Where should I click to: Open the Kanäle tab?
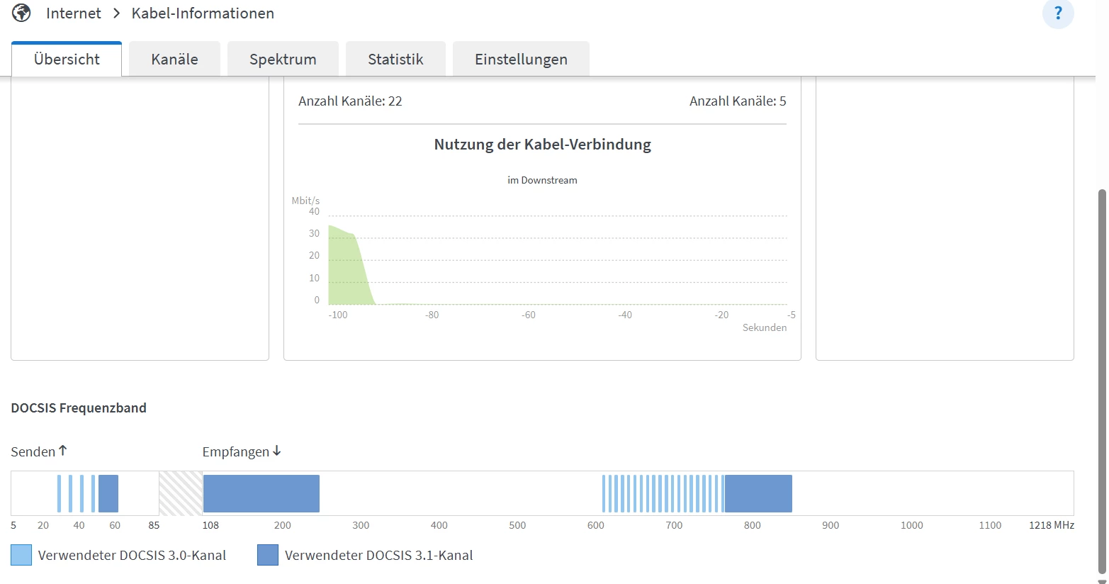174,60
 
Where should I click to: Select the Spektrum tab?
283,60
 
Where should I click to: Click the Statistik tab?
395,60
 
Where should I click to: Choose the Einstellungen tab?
521,60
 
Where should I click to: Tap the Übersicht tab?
67,60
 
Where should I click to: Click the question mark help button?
1058,13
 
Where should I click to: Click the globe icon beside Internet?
22,13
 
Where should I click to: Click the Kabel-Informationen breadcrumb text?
203,13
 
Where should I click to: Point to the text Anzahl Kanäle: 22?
350,101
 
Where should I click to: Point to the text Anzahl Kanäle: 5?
738,101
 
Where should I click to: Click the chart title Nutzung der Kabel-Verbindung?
542,145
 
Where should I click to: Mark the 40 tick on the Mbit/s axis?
314,211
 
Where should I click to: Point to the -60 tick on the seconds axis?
529,315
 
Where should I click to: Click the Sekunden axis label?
764,327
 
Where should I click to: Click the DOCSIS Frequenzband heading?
79,408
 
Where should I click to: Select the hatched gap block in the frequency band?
181,493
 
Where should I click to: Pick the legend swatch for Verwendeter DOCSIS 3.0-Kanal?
21,555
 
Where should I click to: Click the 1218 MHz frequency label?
1052,525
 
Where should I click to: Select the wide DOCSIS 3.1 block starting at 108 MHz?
261,493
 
